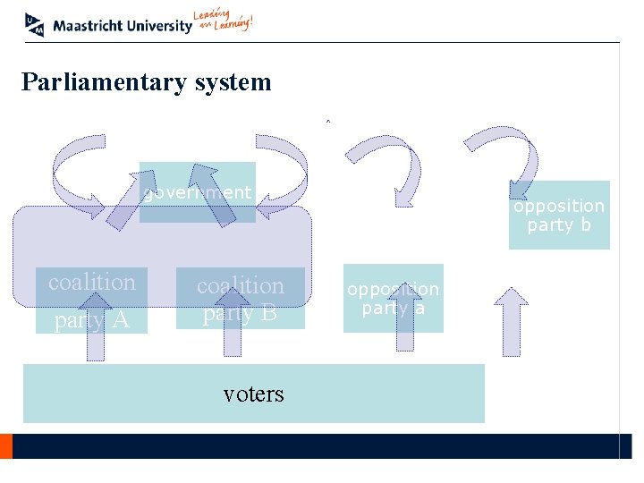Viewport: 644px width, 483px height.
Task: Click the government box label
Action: point(198,192)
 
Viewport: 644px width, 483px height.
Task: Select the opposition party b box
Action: point(559,216)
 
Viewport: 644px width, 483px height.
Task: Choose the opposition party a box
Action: point(393,298)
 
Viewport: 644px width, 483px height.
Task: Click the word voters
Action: point(253,394)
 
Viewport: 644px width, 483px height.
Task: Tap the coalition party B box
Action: point(240,298)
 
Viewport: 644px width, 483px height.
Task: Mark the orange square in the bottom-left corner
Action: point(5,445)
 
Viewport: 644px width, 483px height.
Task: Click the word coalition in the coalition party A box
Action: point(91,282)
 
